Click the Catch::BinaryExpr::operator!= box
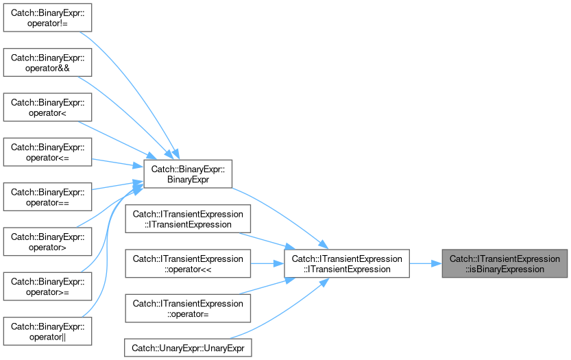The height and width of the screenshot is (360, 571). [47, 18]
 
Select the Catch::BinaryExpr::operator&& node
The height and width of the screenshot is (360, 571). [47, 62]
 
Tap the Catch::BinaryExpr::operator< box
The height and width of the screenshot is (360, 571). [47, 108]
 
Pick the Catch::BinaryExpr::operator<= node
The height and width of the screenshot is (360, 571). [47, 152]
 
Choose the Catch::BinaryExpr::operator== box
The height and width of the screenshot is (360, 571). [47, 197]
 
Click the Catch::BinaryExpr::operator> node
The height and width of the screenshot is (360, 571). [47, 242]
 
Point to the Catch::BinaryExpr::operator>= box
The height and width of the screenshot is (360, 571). [47, 287]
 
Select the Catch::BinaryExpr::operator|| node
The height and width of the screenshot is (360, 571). [47, 332]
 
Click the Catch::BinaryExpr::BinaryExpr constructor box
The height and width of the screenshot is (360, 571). [188, 174]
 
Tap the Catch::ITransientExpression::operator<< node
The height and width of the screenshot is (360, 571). [188, 264]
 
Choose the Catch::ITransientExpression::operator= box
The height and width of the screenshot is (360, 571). [188, 309]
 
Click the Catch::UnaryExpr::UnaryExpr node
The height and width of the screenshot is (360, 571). [188, 348]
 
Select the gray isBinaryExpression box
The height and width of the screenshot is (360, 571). [505, 264]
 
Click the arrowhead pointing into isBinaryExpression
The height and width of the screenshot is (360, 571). [437, 263]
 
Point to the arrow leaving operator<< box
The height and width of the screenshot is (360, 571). [267, 263]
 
